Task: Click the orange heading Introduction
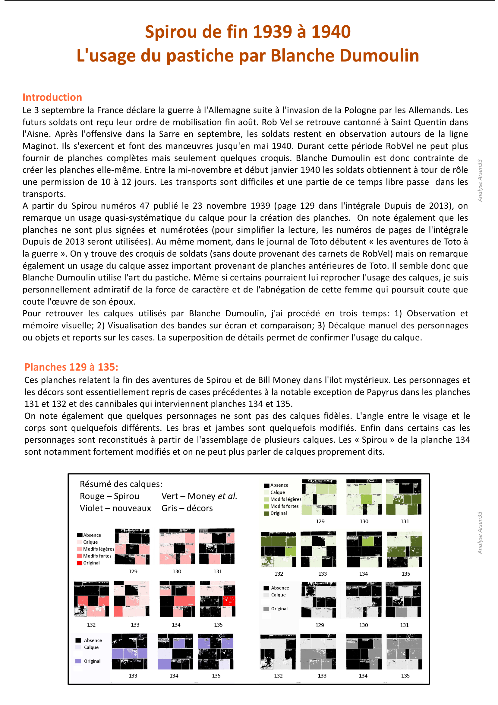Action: point(52,97)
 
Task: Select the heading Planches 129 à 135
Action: point(71,367)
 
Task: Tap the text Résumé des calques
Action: point(121,484)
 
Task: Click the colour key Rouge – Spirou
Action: point(109,496)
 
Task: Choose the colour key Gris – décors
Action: point(187,508)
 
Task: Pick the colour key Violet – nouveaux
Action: point(115,508)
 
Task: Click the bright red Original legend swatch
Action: point(80,563)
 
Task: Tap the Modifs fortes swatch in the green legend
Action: point(266,506)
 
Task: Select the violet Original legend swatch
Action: point(78,661)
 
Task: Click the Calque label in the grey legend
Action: point(278,595)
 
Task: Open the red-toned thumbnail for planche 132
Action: point(91,599)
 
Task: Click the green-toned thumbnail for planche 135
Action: point(404,550)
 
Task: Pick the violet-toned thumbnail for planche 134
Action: point(175,651)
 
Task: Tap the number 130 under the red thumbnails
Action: point(177,571)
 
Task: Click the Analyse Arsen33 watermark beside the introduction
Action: point(480,181)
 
